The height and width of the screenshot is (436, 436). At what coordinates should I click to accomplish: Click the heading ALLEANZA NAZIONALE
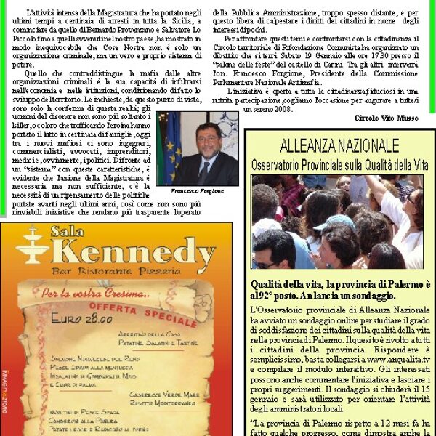tap(339, 145)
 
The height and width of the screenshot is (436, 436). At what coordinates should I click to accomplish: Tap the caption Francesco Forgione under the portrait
tap(198, 190)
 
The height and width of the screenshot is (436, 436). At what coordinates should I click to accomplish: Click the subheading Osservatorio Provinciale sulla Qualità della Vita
tap(339, 165)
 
